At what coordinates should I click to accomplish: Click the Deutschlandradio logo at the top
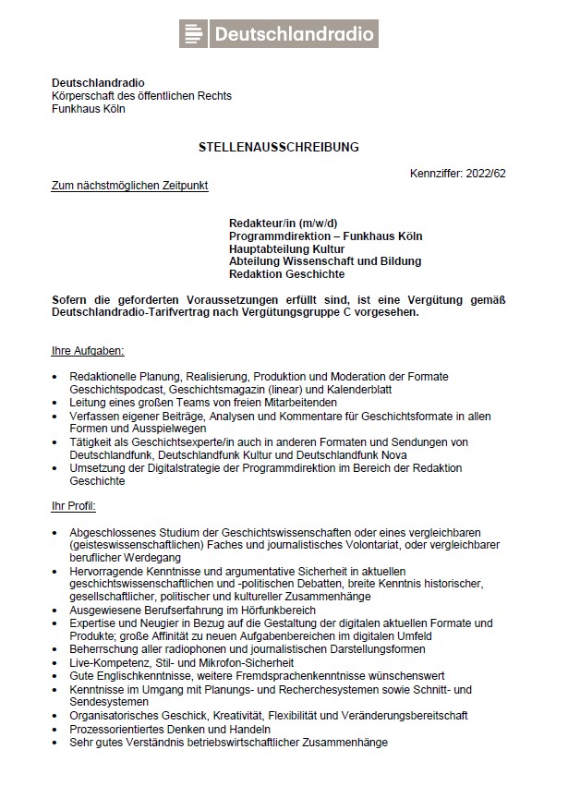pyautogui.click(x=278, y=34)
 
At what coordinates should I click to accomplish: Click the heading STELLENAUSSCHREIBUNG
pyautogui.click(x=278, y=147)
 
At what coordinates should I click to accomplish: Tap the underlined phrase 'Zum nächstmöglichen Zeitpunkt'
pyautogui.click(x=129, y=186)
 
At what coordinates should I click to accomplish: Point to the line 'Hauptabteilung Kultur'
pyautogui.click(x=286, y=248)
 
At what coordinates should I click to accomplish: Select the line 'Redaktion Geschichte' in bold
pyautogui.click(x=286, y=273)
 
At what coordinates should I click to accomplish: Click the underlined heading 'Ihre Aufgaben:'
pyautogui.click(x=87, y=351)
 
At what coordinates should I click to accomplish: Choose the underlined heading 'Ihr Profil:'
pyautogui.click(x=73, y=507)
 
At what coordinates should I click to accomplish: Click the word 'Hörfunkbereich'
pyautogui.click(x=274, y=611)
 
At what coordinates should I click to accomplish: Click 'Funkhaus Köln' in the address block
pyautogui.click(x=88, y=109)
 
